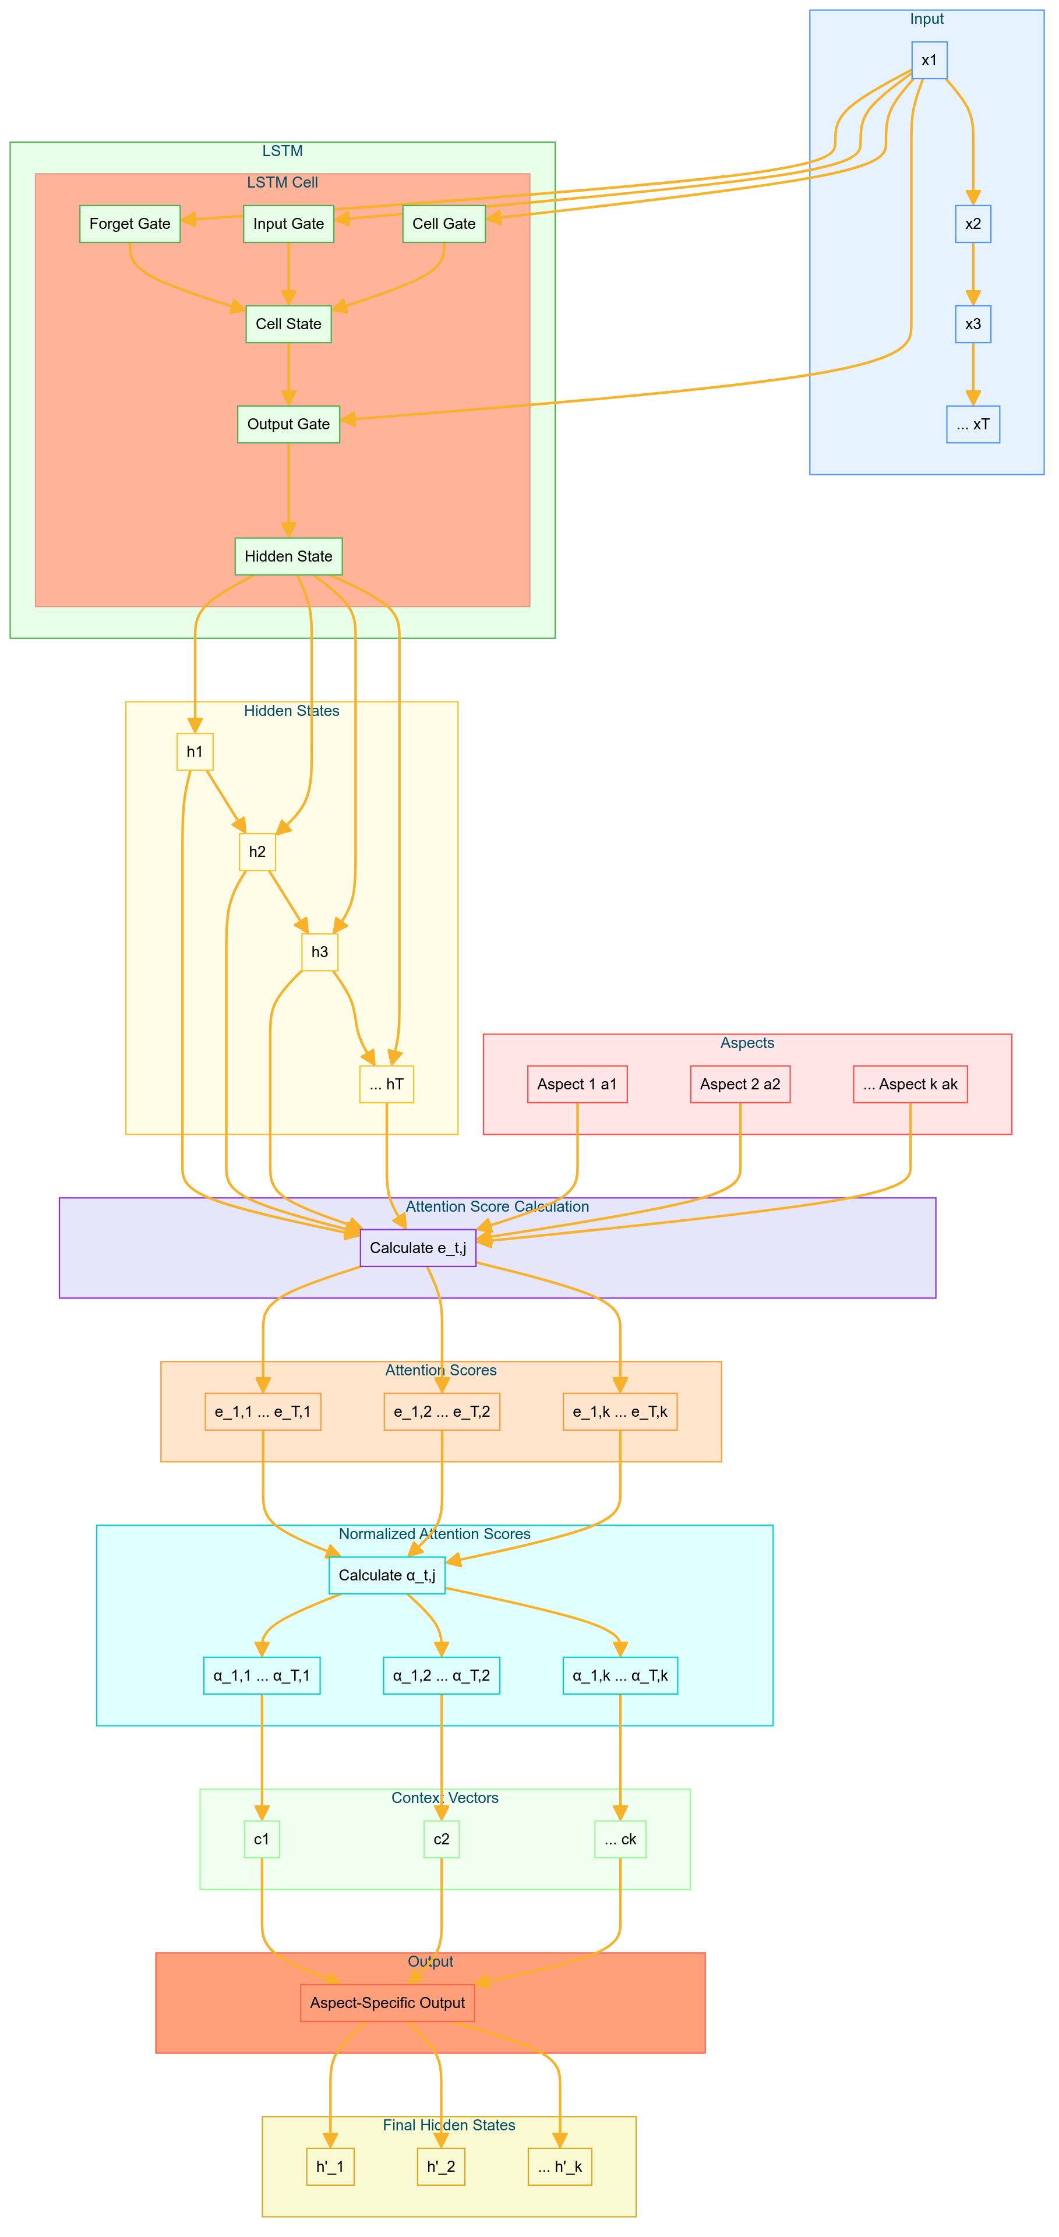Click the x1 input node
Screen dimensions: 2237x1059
point(929,60)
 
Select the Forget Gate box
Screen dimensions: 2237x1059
point(129,223)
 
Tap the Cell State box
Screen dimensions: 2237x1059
point(288,324)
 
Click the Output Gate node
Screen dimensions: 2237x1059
point(288,424)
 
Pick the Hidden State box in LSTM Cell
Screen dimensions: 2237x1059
point(288,556)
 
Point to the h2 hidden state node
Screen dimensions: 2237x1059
point(257,851)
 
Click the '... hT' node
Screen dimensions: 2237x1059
point(386,1084)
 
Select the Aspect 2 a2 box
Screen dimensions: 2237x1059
point(740,1084)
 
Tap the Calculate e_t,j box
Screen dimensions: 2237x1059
point(418,1248)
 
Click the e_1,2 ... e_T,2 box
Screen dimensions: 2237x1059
point(441,1411)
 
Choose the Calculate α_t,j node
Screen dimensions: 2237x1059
point(386,1575)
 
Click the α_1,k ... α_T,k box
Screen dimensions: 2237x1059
point(620,1675)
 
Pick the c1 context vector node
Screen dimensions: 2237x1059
point(262,1839)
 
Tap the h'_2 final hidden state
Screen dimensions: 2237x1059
point(441,2166)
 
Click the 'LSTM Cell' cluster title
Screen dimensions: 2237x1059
point(282,182)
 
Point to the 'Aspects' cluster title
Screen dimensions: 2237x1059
point(747,1042)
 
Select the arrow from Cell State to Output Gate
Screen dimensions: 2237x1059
point(288,373)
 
